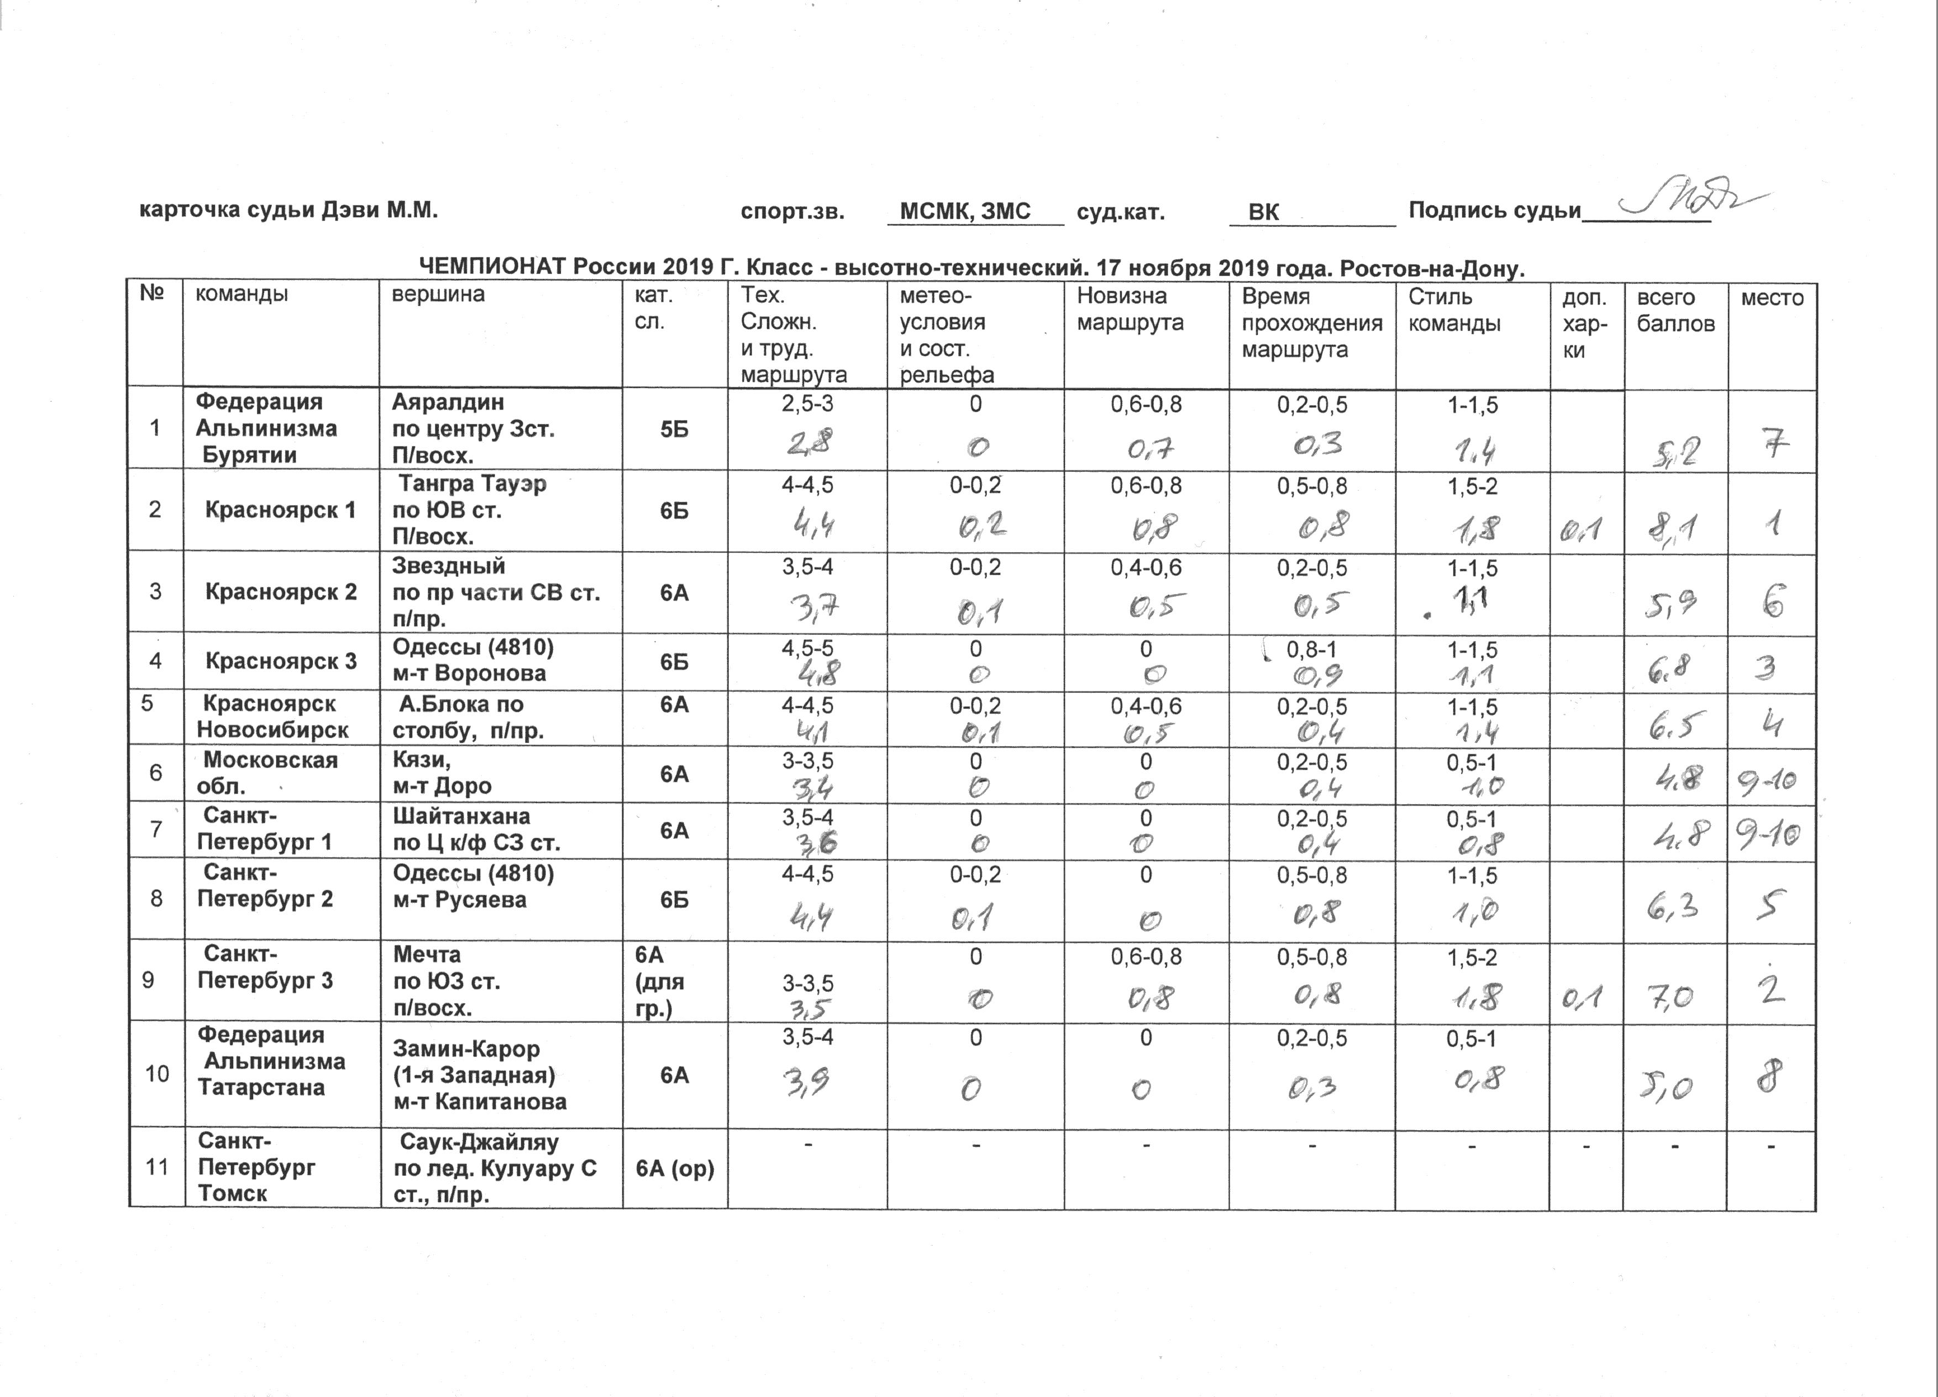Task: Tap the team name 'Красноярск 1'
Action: click(280, 511)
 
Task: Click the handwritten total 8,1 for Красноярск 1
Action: click(1673, 529)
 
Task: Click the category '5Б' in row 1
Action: click(674, 430)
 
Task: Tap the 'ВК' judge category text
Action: click(1263, 212)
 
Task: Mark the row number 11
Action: click(156, 1167)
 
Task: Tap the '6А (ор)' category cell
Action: click(674, 1168)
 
